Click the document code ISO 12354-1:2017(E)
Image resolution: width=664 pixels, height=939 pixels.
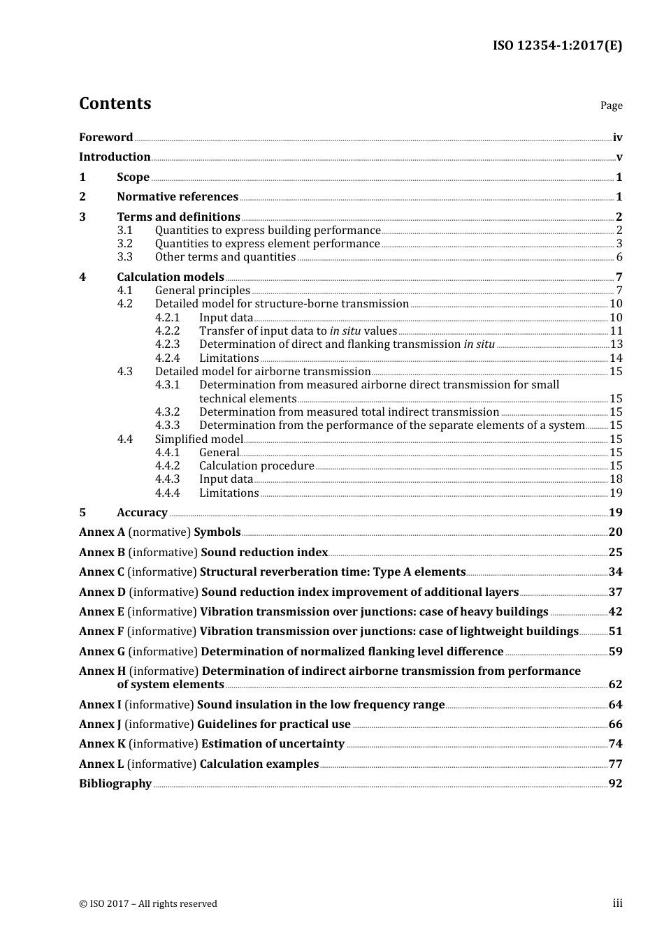click(557, 45)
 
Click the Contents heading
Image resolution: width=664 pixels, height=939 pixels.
click(115, 103)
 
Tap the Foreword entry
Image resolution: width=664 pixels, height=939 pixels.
click(106, 138)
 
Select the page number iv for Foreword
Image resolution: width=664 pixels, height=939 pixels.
click(617, 138)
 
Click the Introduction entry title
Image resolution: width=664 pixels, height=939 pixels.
click(115, 157)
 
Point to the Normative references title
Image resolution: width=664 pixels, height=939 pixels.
click(178, 197)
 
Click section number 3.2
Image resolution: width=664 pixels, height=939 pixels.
click(124, 244)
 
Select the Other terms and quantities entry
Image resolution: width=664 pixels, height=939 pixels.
click(225, 257)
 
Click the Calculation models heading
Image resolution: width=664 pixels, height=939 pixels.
click(171, 277)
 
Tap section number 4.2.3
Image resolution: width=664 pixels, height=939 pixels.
click(168, 344)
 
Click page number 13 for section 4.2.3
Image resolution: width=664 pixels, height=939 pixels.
click(616, 344)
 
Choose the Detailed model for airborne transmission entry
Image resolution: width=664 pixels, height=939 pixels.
click(263, 372)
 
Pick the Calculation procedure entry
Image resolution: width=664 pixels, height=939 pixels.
click(257, 466)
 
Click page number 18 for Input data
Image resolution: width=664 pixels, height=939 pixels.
click(616, 479)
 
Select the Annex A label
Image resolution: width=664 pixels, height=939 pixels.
click(102, 532)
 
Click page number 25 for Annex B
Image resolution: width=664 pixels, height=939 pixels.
click(615, 553)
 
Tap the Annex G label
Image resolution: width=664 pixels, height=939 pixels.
click(102, 652)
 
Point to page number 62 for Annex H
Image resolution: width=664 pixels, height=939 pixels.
click(615, 685)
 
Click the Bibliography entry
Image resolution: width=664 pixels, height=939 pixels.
click(115, 784)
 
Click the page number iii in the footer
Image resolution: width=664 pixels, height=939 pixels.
click(617, 903)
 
